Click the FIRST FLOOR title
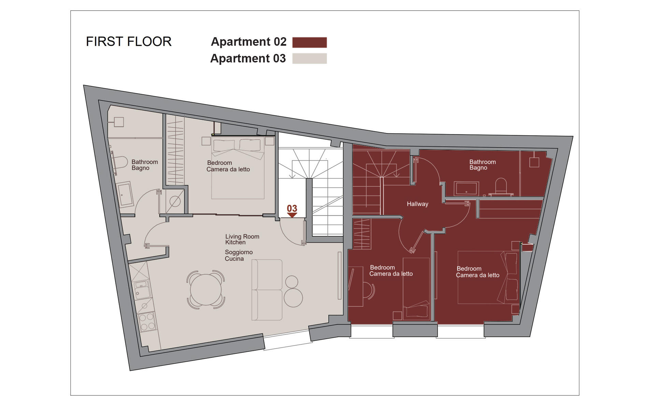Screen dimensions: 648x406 (129, 42)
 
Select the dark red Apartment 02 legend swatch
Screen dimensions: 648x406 (309, 42)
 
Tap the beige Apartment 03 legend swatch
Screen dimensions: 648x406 (309, 59)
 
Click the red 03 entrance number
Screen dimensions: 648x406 (292, 208)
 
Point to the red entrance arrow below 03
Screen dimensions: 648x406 (292, 215)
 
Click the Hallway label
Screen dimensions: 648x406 (417, 204)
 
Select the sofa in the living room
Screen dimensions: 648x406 (267, 290)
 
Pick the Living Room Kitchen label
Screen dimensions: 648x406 (242, 240)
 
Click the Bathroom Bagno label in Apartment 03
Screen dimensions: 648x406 (145, 165)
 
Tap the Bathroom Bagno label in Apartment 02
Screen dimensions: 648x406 (483, 165)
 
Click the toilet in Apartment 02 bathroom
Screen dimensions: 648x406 (501, 186)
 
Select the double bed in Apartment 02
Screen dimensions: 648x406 (488, 277)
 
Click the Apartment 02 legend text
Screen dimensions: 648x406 (249, 42)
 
